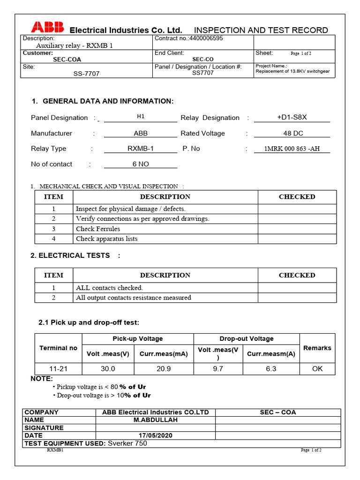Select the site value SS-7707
click(x=86, y=74)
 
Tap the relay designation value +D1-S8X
click(x=292, y=118)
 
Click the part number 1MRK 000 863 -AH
click(x=292, y=149)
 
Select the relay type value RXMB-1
click(x=140, y=149)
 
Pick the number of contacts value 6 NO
click(x=141, y=164)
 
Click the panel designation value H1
click(x=141, y=116)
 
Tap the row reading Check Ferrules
click(x=98, y=229)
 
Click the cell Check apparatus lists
click(x=106, y=239)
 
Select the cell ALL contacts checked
click(x=109, y=288)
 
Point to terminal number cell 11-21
click(x=58, y=368)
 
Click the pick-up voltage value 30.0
click(x=108, y=368)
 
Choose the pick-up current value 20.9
click(x=164, y=368)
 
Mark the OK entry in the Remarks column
click(x=317, y=368)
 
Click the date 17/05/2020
click(x=155, y=435)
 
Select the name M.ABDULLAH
click(x=155, y=420)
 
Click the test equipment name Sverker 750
click(x=127, y=443)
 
